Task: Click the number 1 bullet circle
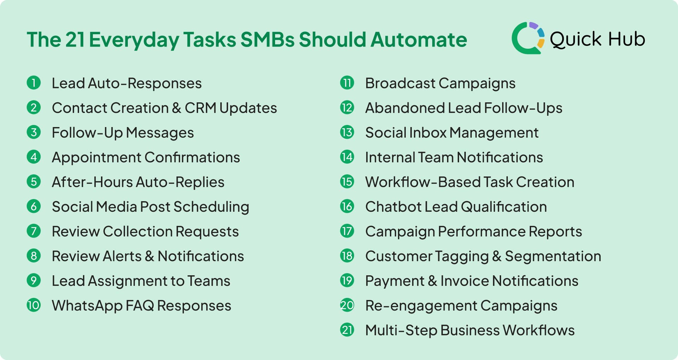[x=34, y=83]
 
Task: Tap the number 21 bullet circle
[x=347, y=330]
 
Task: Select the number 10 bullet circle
[x=34, y=305]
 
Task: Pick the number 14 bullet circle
[x=347, y=157]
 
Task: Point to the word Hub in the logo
[x=626, y=39]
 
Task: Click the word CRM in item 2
[x=200, y=108]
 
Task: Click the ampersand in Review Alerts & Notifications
[x=149, y=256]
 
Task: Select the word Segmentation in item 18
[x=553, y=256]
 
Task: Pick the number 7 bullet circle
[x=34, y=231]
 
